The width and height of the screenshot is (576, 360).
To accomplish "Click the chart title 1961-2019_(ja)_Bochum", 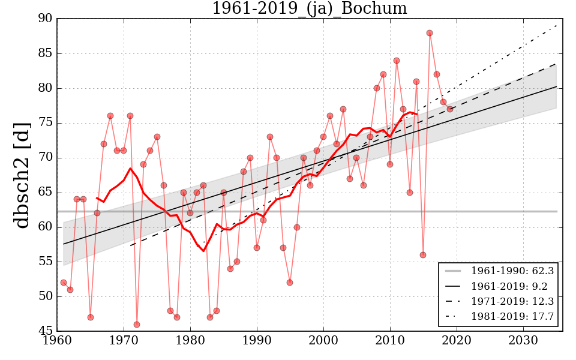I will point(309,9).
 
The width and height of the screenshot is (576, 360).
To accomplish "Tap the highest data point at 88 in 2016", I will point(430,33).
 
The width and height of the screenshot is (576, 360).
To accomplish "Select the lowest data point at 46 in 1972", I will point(137,325).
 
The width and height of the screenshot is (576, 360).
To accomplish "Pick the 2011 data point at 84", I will point(397,61).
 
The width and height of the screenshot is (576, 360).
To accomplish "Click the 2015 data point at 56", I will point(423,255).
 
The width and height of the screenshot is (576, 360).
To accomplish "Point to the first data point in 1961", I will point(64,283).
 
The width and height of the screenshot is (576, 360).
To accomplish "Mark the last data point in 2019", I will point(449,109).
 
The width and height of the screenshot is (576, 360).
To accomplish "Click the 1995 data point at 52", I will point(290,283).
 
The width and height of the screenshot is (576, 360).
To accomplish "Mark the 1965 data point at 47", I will point(90,317).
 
